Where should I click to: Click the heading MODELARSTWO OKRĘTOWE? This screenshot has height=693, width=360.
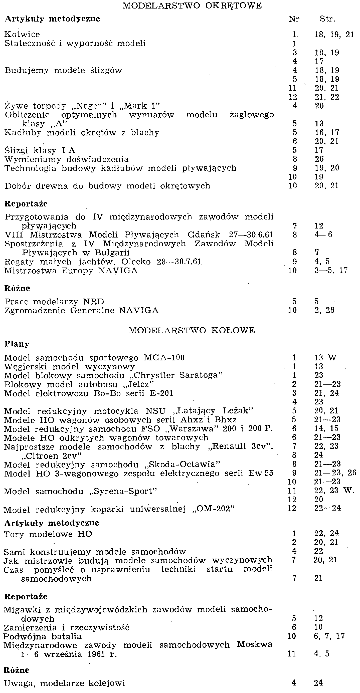point(192,6)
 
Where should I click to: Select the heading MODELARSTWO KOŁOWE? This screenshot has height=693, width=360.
point(192,330)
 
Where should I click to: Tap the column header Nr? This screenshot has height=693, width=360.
point(294,19)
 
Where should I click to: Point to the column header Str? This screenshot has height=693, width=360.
point(327,19)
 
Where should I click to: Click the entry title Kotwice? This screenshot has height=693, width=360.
point(22,35)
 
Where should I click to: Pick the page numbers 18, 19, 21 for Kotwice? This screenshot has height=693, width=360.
point(334,35)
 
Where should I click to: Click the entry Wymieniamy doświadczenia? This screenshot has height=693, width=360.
point(66,159)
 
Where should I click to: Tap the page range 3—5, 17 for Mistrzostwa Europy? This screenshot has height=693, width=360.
point(331,270)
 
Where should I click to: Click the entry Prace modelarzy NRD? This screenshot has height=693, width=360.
point(54,302)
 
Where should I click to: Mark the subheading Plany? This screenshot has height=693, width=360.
point(17,344)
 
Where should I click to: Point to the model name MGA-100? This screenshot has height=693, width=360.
point(164,358)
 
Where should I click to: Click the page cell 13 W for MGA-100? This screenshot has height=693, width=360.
point(325,358)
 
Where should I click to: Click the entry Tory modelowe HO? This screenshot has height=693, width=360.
point(48,534)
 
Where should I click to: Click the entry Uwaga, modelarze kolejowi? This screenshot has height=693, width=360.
point(64,683)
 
